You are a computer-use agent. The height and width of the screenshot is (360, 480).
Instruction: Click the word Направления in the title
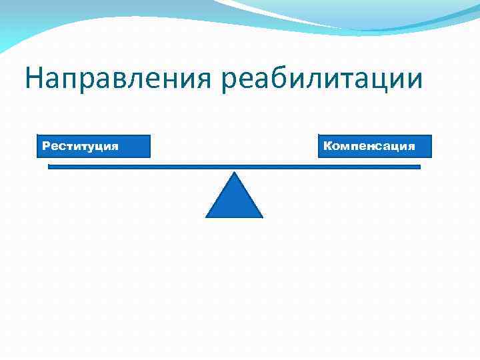point(119,78)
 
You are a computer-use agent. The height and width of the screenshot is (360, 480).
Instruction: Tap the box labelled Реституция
point(93,146)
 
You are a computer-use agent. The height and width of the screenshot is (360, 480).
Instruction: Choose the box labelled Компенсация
point(375,146)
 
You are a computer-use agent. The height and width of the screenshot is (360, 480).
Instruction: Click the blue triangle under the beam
point(234,200)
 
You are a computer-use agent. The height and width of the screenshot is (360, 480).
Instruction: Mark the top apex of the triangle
point(234,173)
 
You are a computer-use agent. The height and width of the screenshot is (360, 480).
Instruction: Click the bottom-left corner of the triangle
point(207,217)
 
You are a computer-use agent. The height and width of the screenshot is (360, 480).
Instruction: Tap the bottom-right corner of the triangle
point(262,217)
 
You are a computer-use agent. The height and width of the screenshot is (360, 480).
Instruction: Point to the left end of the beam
point(49,167)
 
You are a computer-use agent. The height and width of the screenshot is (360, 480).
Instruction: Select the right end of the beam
point(420,167)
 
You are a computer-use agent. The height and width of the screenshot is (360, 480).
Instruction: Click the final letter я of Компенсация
point(411,146)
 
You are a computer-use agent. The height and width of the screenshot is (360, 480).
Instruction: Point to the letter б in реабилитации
point(285,77)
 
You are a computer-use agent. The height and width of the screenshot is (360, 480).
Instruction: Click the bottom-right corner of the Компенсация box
point(431,157)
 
